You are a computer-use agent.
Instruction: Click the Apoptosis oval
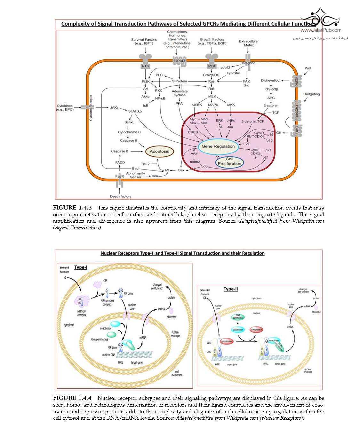[x=159, y=151]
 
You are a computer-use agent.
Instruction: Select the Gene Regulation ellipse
[x=218, y=146]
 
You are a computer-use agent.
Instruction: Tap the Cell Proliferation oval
[x=229, y=161]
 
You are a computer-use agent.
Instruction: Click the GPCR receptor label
[x=179, y=61]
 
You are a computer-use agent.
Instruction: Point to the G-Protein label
[x=179, y=81]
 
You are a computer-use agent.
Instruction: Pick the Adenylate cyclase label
[x=180, y=93]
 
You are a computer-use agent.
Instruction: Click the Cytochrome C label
[x=129, y=132]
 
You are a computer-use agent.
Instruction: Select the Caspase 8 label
[x=119, y=151]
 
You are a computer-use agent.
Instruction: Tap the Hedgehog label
[x=311, y=94]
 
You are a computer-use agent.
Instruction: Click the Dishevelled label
[x=270, y=81]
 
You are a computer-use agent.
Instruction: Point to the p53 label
[x=204, y=166]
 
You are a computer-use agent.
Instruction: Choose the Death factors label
[x=121, y=196]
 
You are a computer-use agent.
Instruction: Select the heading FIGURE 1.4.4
[x=72, y=398]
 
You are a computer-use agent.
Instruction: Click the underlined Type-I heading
[x=81, y=267]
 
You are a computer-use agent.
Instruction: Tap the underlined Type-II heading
[x=230, y=289]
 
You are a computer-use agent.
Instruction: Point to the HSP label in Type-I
[x=105, y=280]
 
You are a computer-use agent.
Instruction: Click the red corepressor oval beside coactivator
[x=257, y=329]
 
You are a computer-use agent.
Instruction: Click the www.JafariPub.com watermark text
[x=321, y=30]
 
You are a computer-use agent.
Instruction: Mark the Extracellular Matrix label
[x=249, y=43]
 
